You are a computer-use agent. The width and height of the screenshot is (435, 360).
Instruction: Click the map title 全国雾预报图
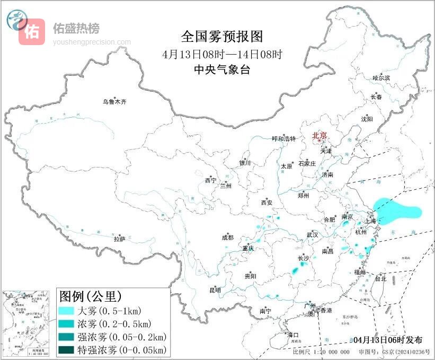(x=222, y=37)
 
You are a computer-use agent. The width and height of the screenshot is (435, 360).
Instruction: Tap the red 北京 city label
(x=320, y=135)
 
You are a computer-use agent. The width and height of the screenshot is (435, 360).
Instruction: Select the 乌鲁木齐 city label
(x=115, y=101)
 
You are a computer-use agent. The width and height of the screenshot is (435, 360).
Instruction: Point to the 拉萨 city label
(x=119, y=239)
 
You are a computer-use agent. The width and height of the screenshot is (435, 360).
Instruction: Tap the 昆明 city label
(x=215, y=290)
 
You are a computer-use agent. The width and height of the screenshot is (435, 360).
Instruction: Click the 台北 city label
(x=380, y=278)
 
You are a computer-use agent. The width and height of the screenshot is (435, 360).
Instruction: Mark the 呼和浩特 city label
(x=284, y=139)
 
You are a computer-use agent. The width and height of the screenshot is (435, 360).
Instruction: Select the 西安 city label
(x=267, y=203)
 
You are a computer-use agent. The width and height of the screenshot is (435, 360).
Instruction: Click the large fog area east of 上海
(x=396, y=212)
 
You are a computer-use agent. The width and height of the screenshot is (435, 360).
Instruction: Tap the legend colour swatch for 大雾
(x=66, y=311)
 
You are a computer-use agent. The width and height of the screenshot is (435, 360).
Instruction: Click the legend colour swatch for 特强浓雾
(x=66, y=349)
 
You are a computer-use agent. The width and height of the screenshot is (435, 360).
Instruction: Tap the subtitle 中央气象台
(x=222, y=69)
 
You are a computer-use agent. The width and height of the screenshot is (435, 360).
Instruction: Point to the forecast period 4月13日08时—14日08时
(x=222, y=54)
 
